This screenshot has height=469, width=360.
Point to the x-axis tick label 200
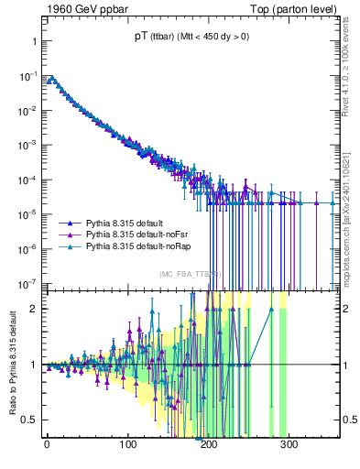[209, 443]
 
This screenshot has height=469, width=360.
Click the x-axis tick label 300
[289, 443]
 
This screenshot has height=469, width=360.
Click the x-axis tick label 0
[47, 443]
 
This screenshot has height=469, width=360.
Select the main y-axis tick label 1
[32, 43]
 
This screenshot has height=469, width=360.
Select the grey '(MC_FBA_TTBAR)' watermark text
[190, 274]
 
